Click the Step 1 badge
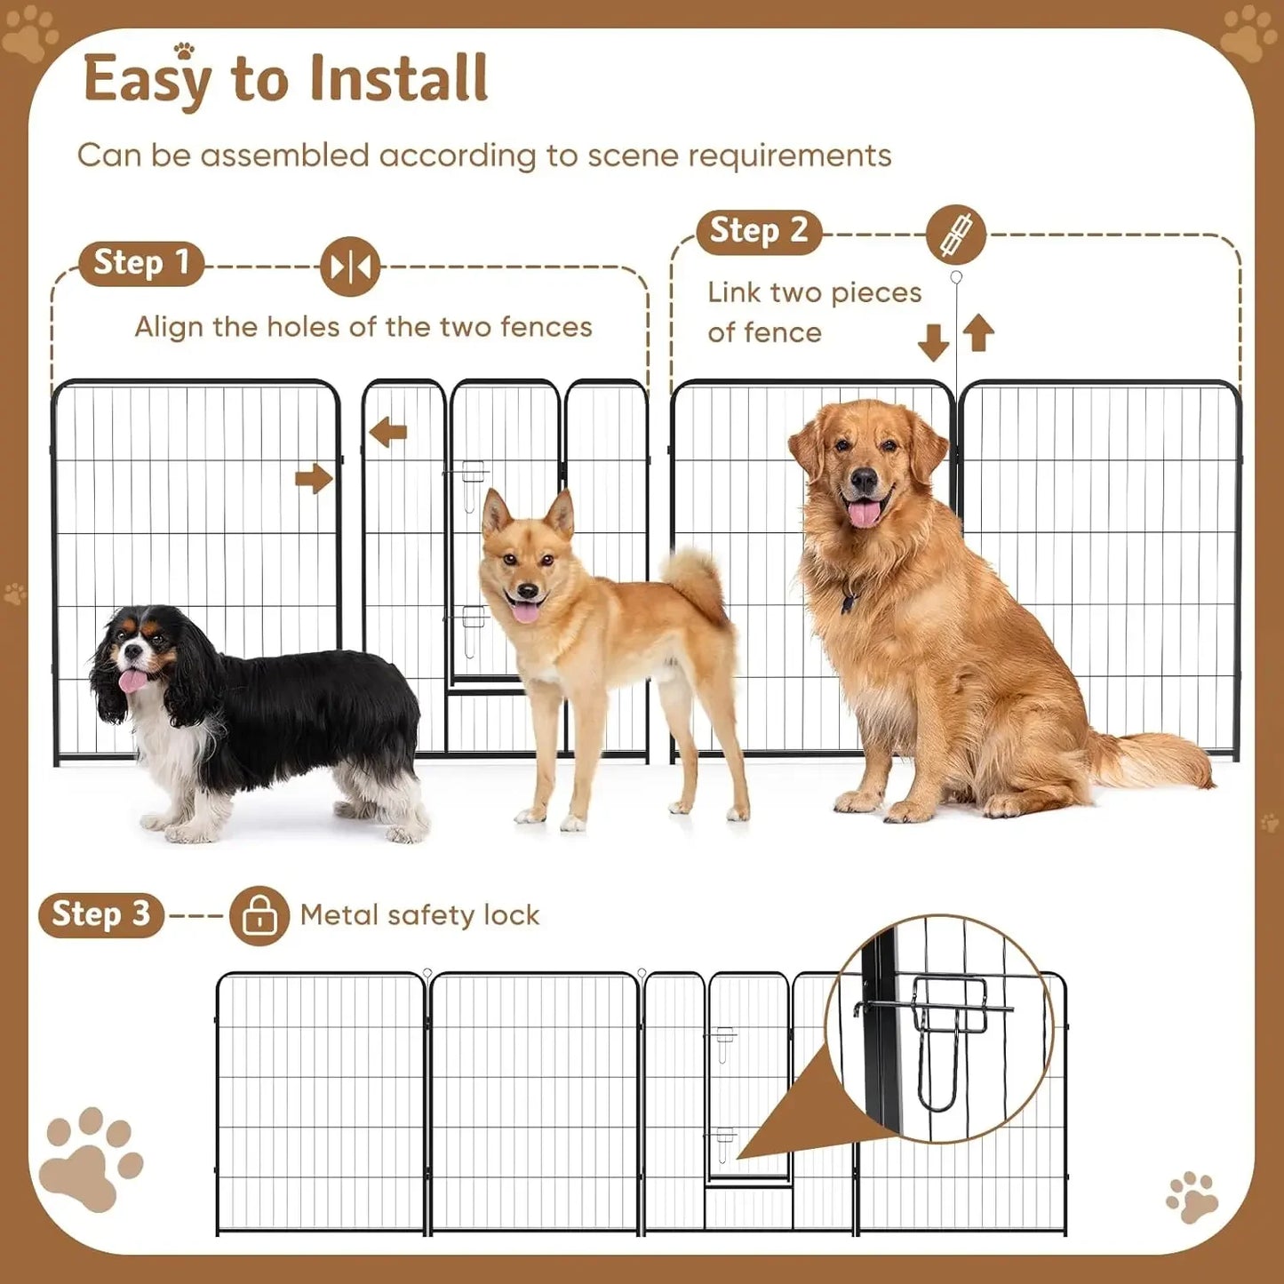(x=141, y=264)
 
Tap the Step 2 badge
(x=758, y=232)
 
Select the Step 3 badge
(x=100, y=914)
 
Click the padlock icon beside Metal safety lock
(x=259, y=915)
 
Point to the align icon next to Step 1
(x=350, y=267)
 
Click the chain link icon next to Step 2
(x=955, y=235)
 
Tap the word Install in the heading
(x=398, y=79)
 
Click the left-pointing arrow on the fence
(x=388, y=433)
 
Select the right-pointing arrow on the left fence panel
(x=314, y=479)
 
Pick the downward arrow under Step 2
(x=933, y=342)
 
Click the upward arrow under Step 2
(x=978, y=333)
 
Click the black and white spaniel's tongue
(x=132, y=681)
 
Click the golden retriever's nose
(x=864, y=481)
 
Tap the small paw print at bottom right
(x=1192, y=1196)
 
